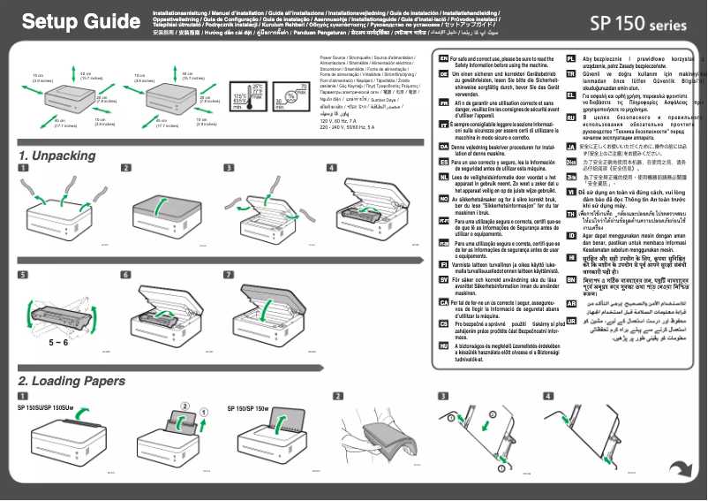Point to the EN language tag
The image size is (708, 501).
(443, 58)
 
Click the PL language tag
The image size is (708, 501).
(570, 58)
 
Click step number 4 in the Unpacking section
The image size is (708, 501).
(332, 168)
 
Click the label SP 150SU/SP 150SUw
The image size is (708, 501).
(45, 408)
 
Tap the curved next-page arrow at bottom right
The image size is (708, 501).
(681, 470)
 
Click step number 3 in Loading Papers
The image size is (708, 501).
(443, 397)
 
